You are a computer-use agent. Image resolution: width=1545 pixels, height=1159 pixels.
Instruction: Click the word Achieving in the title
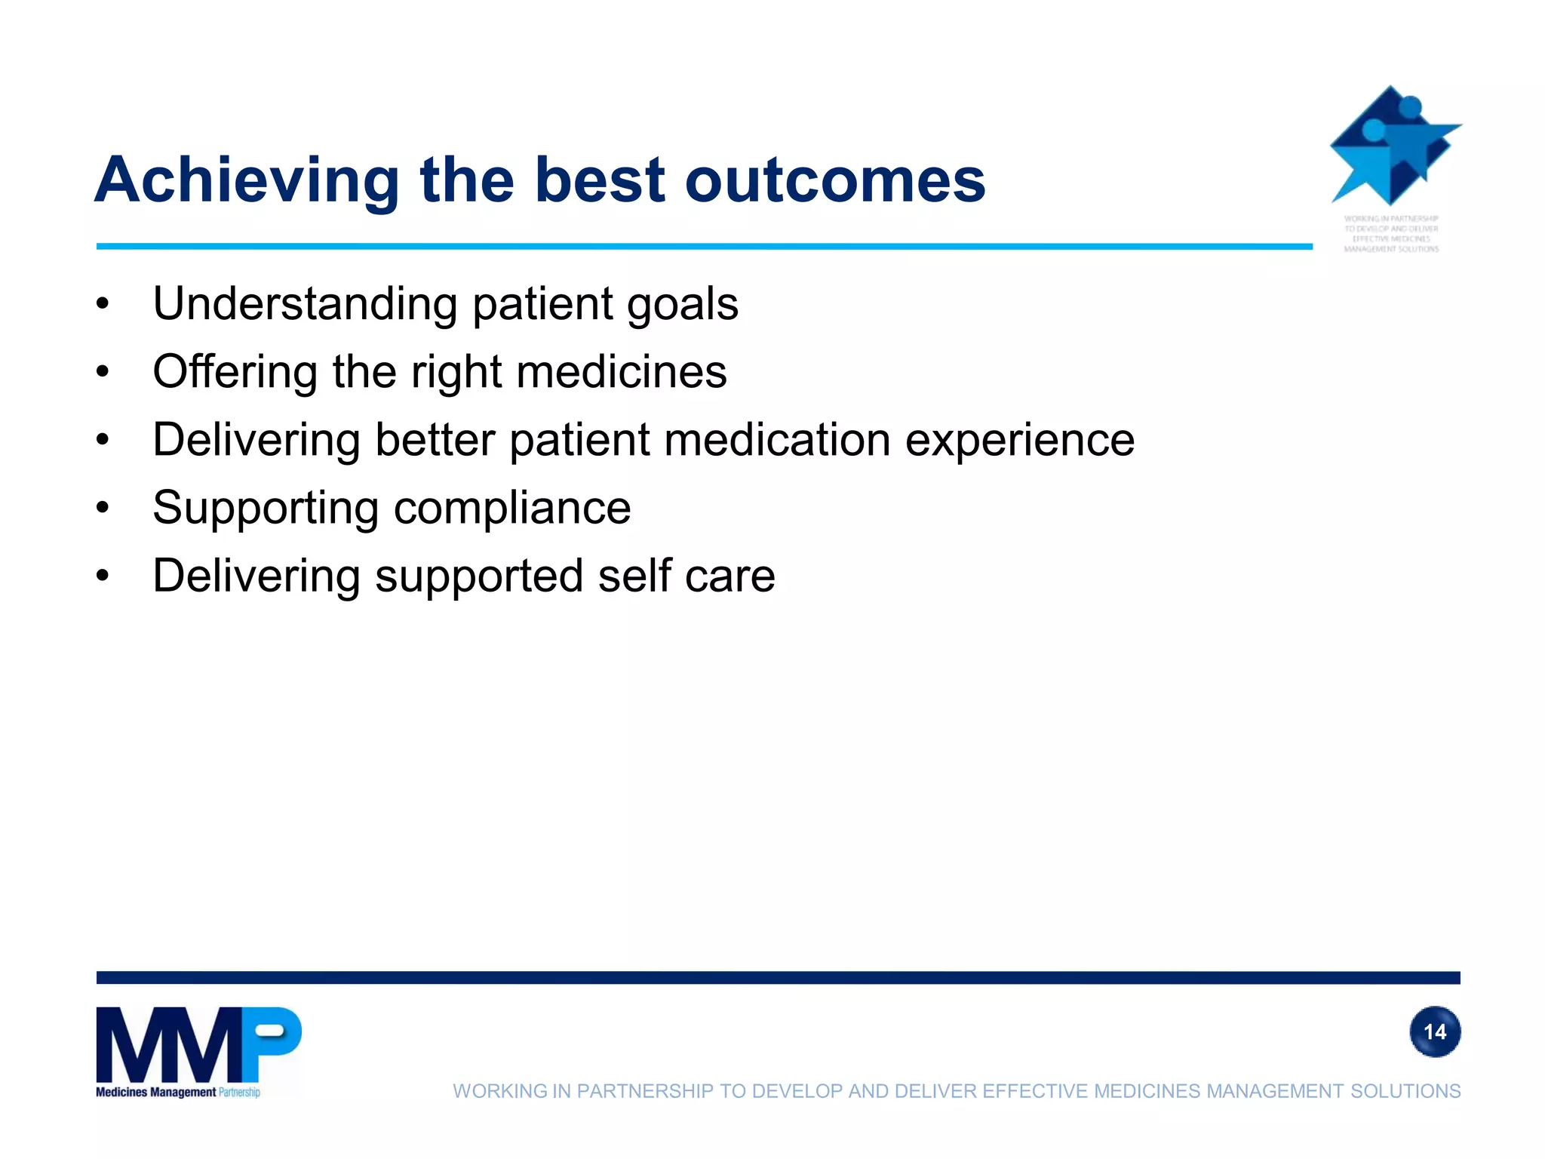pos(247,181)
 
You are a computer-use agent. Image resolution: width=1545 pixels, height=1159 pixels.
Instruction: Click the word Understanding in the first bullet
pos(305,304)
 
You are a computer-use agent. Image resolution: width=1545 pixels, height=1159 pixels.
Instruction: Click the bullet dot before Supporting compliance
pos(103,509)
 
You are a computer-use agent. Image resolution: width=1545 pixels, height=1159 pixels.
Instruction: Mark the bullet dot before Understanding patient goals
pos(103,305)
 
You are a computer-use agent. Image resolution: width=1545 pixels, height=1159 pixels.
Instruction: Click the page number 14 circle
pos(1434,1031)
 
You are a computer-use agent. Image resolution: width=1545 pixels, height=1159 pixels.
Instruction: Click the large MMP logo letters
pos(198,1045)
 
